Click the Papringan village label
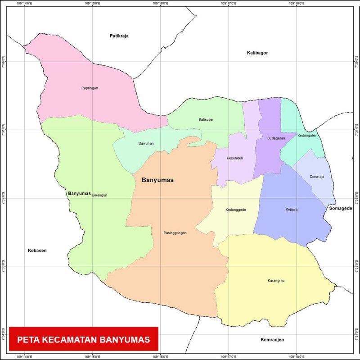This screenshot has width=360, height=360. (90, 88)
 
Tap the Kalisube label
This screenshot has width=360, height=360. (206, 119)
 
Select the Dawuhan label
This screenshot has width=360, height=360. (146, 144)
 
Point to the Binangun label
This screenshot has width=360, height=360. (99, 196)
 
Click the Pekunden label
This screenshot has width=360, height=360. (235, 158)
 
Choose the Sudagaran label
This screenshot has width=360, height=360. (276, 138)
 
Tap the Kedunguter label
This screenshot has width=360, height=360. (307, 135)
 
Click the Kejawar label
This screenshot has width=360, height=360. (292, 209)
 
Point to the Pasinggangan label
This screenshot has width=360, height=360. (175, 233)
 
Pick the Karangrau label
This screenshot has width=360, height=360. (276, 281)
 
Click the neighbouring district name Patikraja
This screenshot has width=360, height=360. (119, 36)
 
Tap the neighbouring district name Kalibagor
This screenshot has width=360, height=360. (257, 53)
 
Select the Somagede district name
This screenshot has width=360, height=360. (340, 208)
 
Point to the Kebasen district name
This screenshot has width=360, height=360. (37, 251)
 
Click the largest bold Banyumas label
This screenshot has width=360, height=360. (157, 180)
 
